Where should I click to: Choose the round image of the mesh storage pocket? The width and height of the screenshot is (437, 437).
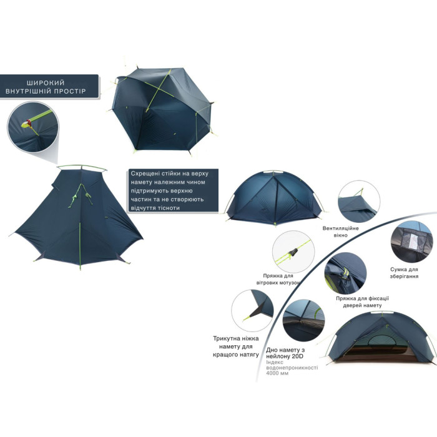(x=411, y=243)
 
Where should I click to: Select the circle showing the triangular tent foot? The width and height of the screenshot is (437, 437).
(x=252, y=310)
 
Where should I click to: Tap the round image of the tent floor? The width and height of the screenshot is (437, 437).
(x=303, y=320)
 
